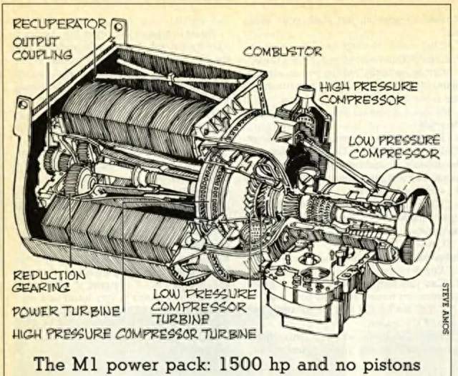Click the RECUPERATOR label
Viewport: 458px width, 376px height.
coord(59,24)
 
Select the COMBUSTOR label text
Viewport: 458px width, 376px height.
coord(283,52)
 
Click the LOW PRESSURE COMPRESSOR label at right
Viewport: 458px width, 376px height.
coord(394,147)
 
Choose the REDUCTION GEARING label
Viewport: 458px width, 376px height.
coord(49,281)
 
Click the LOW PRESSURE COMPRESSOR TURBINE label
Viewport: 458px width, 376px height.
coord(204,307)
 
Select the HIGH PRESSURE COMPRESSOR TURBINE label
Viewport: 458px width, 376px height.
coord(135,334)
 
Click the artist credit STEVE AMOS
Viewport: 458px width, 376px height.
coord(445,308)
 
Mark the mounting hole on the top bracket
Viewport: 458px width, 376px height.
coord(119,27)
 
